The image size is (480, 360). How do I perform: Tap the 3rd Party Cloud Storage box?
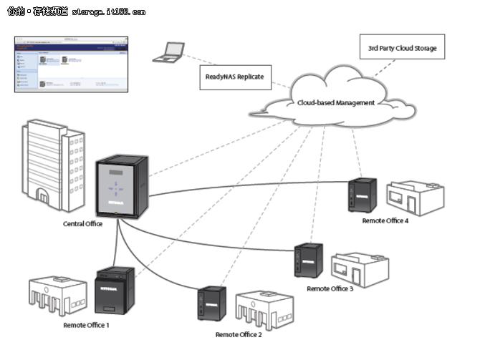(397, 49)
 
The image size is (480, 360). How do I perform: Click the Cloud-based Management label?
(335, 103)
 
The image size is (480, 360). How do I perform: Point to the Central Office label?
(83, 224)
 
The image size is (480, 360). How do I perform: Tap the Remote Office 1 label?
(86, 326)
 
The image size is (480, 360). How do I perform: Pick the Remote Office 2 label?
(239, 334)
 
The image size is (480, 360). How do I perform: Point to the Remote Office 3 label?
(330, 288)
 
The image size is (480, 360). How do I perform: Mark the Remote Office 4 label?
(385, 221)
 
